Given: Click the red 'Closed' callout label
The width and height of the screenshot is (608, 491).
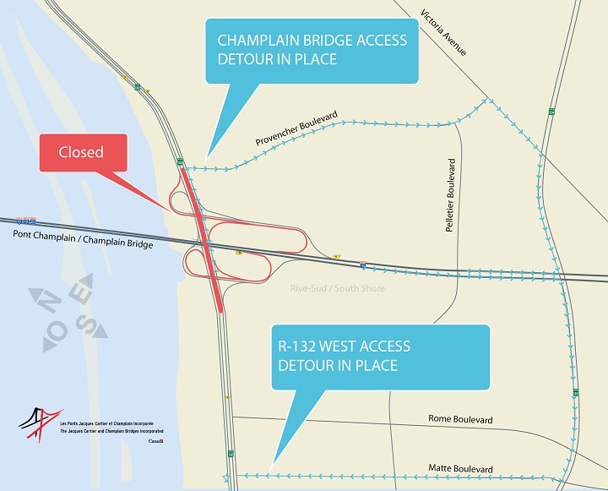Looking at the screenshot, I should coord(81,153).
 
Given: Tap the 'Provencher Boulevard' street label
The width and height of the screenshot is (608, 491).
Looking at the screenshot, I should coord(294,127).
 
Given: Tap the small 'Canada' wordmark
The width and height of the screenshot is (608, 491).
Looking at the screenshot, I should coord(155,442).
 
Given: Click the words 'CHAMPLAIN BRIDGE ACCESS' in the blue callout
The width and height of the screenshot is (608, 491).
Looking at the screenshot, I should coord(312,41).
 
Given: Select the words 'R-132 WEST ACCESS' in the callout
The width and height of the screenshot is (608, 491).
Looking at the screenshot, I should coord(344,346).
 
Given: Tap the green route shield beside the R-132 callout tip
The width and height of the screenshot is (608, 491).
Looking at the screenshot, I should coord(230,455).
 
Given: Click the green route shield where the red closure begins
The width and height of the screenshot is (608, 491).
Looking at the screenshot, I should coord(180,161).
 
